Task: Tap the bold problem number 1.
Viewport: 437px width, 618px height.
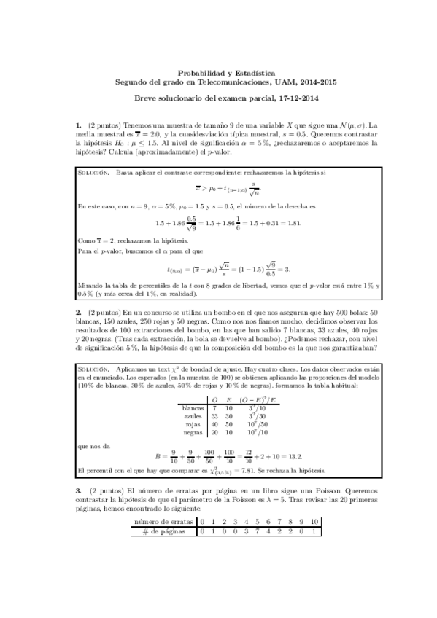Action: click(78, 126)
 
